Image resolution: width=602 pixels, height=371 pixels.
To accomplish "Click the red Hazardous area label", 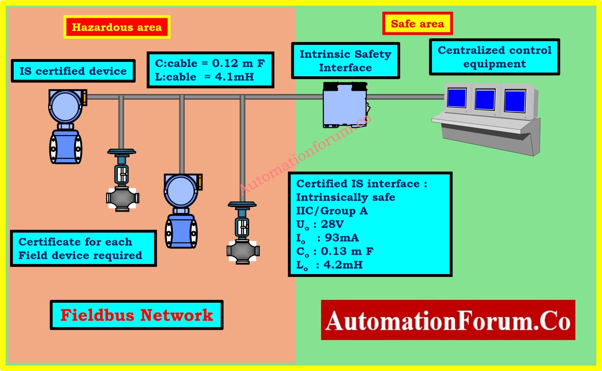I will tap(117, 27).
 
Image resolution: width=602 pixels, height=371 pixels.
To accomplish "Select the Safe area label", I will tap(417, 24).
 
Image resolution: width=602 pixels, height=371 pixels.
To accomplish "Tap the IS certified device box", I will tap(73, 71).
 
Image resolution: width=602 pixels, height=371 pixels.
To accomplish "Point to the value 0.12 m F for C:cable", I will tap(238, 63).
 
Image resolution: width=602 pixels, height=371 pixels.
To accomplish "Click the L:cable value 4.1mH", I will tap(234, 77).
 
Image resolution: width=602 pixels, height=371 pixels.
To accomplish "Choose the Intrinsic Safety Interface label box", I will tap(345, 61).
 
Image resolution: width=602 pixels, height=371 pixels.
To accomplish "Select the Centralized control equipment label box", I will tap(494, 57).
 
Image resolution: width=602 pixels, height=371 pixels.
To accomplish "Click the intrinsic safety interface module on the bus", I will tap(345, 105).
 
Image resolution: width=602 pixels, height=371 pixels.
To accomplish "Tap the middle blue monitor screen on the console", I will tap(485, 99).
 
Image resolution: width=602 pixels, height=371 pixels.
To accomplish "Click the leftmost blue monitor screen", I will tap(457, 98).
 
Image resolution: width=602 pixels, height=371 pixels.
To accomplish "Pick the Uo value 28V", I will tap(332, 224).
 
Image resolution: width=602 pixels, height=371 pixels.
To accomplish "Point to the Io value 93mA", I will tap(341, 238).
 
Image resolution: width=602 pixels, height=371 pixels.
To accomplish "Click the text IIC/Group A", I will tap(332, 211).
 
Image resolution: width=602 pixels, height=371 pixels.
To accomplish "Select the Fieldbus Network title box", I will tap(137, 315).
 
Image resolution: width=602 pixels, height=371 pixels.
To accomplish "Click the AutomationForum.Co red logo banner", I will tap(448, 320).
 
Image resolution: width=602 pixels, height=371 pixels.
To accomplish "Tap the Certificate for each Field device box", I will tap(83, 248).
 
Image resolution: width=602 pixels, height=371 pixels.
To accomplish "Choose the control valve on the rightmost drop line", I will tap(243, 234).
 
